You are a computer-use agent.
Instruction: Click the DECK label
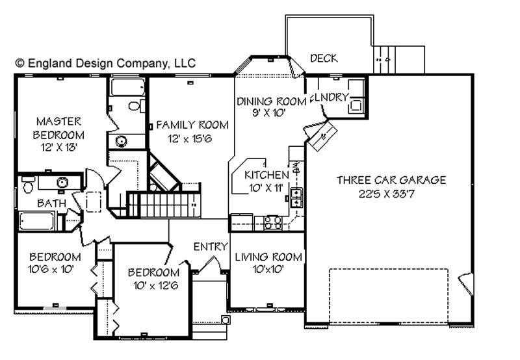point(324,58)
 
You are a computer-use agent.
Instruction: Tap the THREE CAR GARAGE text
point(391,180)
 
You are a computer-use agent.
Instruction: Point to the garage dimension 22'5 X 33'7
point(387,194)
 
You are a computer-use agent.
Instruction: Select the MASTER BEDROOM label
point(58,128)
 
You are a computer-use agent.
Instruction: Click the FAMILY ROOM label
point(192,125)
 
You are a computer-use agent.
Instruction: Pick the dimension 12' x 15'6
point(190,138)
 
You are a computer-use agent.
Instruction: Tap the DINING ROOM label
point(271,101)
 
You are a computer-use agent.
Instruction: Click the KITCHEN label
point(266,175)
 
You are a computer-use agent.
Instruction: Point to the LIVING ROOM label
point(268,257)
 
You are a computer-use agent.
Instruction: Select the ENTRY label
point(211,247)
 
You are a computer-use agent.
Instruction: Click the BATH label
point(52,203)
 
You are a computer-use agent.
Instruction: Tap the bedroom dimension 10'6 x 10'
point(51,269)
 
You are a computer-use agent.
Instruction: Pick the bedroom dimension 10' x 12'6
point(156,285)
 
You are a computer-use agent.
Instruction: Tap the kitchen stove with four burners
point(272,222)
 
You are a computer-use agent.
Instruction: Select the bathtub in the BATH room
point(36,221)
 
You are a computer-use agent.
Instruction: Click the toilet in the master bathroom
point(137,106)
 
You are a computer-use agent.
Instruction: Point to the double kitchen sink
point(296,198)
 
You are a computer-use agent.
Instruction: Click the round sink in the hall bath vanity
point(62,182)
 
